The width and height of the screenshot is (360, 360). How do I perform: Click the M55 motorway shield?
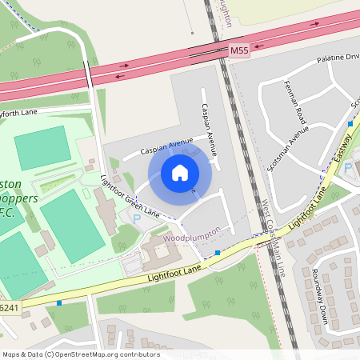click(239, 50)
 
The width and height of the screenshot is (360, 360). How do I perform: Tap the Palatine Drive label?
click(338, 58)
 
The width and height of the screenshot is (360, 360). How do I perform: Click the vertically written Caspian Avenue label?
click(210, 128)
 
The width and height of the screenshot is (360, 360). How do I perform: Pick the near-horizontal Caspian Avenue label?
click(167, 146)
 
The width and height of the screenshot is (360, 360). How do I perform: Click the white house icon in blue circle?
click(180, 173)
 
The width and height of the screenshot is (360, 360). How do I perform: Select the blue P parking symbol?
click(136, 218)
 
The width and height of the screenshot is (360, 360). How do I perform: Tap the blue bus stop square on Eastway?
click(350, 124)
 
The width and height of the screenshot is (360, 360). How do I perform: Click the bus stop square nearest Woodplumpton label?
click(218, 254)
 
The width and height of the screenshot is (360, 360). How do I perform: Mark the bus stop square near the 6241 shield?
click(59, 303)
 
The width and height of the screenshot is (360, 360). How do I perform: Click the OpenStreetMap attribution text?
click(81, 354)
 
